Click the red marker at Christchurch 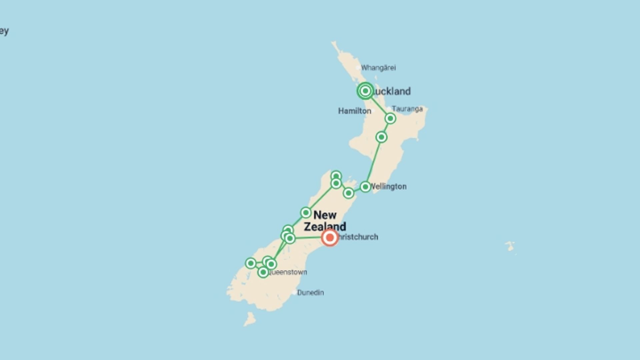[x=330, y=238]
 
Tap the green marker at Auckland [x=365, y=91]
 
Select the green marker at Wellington [x=365, y=187]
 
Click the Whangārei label [x=378, y=68]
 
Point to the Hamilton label [x=354, y=111]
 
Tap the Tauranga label [x=407, y=109]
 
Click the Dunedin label [x=310, y=293]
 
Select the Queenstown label [x=288, y=272]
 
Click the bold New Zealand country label [x=325, y=221]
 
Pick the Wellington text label [x=389, y=187]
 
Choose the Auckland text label [x=392, y=91]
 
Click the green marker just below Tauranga [x=390, y=118]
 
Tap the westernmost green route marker [x=251, y=263]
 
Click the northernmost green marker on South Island [x=336, y=176]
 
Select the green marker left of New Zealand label [x=306, y=212]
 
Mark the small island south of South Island [x=250, y=319]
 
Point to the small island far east [x=510, y=246]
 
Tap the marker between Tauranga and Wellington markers [x=381, y=137]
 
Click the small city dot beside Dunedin [x=294, y=293]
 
